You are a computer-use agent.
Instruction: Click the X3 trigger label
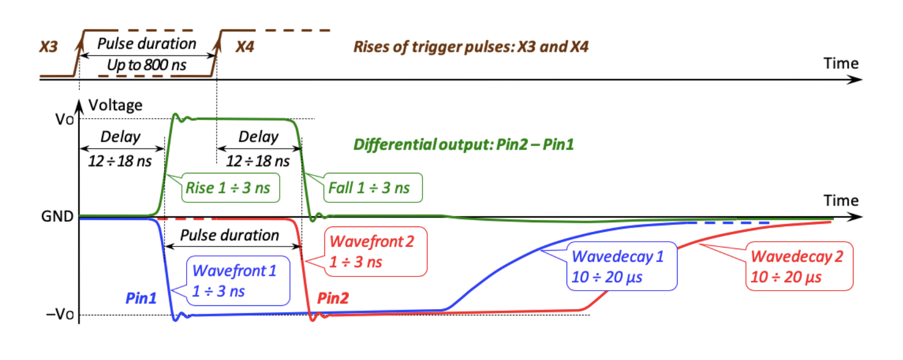pos(48,47)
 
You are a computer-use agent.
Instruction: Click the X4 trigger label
pos(244,47)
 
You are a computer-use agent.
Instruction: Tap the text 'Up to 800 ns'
pos(147,65)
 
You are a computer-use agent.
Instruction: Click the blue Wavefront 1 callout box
pos(238,281)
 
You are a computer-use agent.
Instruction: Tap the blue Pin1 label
pos(141,299)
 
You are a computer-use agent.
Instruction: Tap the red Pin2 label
pos(333,299)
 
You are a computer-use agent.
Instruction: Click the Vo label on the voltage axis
pos(64,120)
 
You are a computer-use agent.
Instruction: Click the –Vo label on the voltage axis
pos(60,314)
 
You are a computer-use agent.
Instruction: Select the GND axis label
pos(57,216)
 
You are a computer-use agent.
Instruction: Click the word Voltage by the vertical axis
pos(115,105)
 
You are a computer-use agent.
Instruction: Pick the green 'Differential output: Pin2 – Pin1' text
pos(463,145)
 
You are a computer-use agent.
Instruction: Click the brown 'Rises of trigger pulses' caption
pos(470,47)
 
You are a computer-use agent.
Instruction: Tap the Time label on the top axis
pos(840,64)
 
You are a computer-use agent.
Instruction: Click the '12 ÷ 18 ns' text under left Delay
pos(120,161)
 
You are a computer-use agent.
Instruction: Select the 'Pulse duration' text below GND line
pos(229,235)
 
